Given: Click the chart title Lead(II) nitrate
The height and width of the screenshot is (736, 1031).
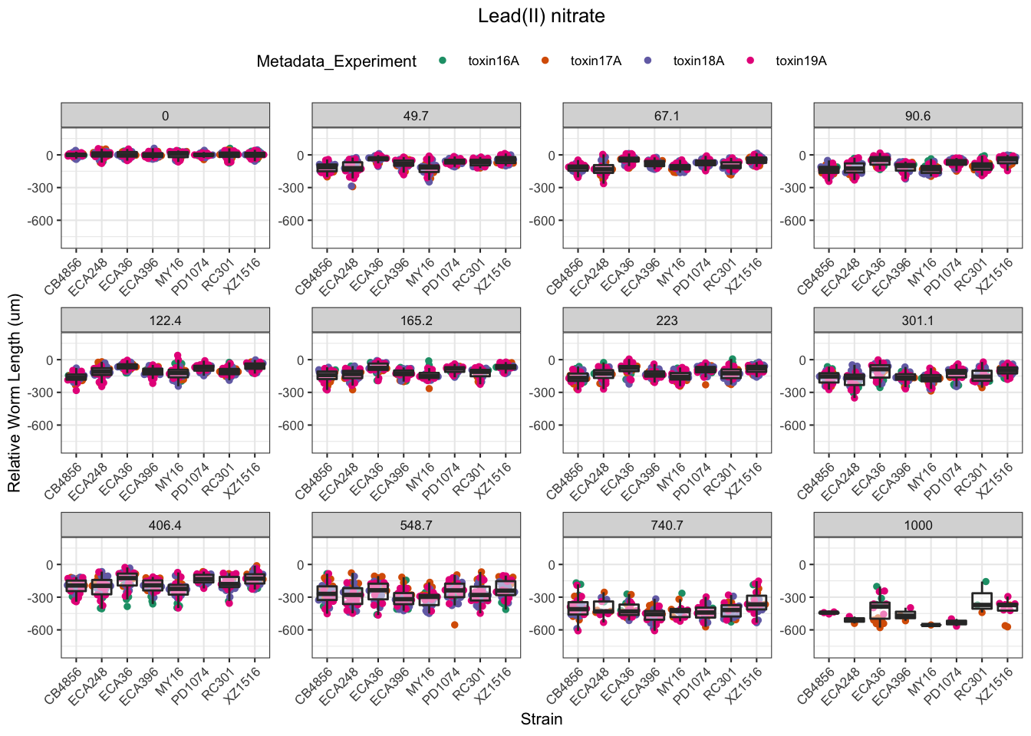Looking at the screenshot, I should [x=541, y=16].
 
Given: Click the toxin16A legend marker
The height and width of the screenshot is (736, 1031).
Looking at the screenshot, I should [x=443, y=61].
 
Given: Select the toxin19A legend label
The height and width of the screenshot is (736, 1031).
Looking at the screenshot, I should [x=800, y=61].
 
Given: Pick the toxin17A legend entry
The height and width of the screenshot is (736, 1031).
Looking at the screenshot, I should [x=595, y=61].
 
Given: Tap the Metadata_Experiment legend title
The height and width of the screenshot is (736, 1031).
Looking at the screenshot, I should [x=336, y=61].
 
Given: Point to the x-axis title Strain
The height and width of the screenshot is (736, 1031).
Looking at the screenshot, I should [x=541, y=719].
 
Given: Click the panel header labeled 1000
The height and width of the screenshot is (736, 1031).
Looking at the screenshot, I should [x=917, y=525].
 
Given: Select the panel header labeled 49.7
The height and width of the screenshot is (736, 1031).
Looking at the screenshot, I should [x=416, y=116].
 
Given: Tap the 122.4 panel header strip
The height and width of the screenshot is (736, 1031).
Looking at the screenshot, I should [x=165, y=320].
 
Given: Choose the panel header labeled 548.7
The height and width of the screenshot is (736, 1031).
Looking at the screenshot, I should [x=416, y=525].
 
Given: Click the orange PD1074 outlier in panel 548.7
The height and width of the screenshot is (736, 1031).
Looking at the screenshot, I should [x=455, y=625].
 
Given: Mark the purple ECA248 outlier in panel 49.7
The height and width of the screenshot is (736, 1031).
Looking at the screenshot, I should [x=352, y=186].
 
